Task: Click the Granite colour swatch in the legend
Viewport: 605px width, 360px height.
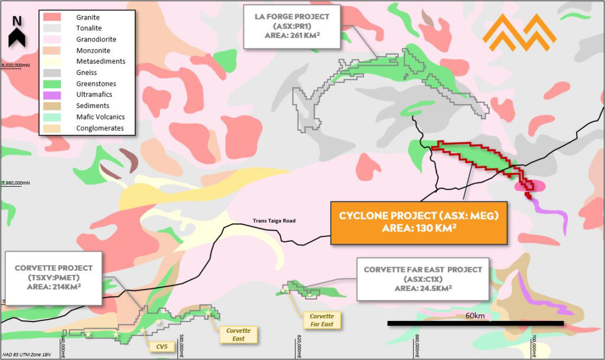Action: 53,17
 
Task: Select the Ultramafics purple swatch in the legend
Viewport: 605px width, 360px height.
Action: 53,95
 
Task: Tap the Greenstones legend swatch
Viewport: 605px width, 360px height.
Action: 53,84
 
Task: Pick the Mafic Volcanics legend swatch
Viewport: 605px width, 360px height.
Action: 53,117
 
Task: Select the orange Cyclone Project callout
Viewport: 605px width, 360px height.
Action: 419,222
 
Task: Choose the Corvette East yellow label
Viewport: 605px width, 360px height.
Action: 239,335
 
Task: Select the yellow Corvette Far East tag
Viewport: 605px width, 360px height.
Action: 321,320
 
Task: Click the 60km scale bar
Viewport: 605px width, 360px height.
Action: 475,323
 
